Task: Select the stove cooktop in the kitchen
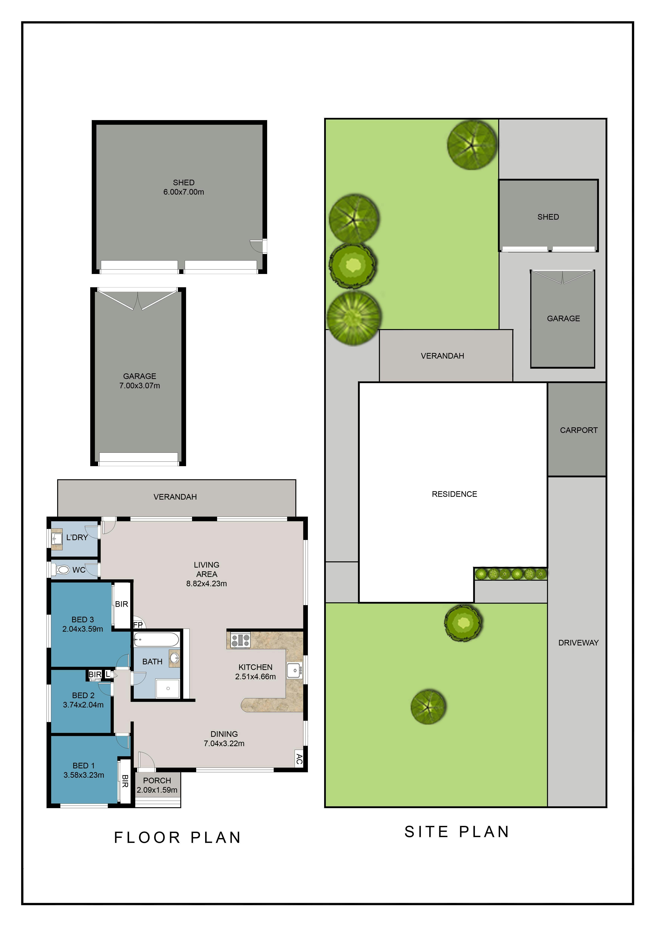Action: coord(240,640)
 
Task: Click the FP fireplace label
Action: coord(138,625)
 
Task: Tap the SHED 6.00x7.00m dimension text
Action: coord(183,192)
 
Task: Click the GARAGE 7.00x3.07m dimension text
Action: coord(140,385)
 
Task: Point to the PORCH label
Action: coord(157,780)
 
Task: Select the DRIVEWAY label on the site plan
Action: coord(578,643)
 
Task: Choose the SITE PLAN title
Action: coord(457,832)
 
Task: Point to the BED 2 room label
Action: coord(83,695)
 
